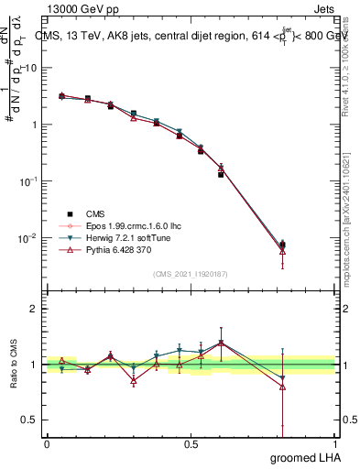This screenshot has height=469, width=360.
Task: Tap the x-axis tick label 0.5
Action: [x=191, y=443]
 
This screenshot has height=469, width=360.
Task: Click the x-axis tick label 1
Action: [x=335, y=443]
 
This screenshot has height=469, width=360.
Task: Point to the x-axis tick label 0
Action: [x=47, y=443]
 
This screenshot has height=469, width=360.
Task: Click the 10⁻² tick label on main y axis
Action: [x=27, y=238]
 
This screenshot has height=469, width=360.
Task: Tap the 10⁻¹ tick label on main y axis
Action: [x=27, y=181]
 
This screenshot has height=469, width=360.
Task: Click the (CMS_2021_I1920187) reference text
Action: [x=191, y=273]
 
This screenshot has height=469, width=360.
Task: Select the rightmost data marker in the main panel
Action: [x=282, y=245]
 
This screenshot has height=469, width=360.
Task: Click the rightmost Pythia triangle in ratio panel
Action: [x=282, y=387]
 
